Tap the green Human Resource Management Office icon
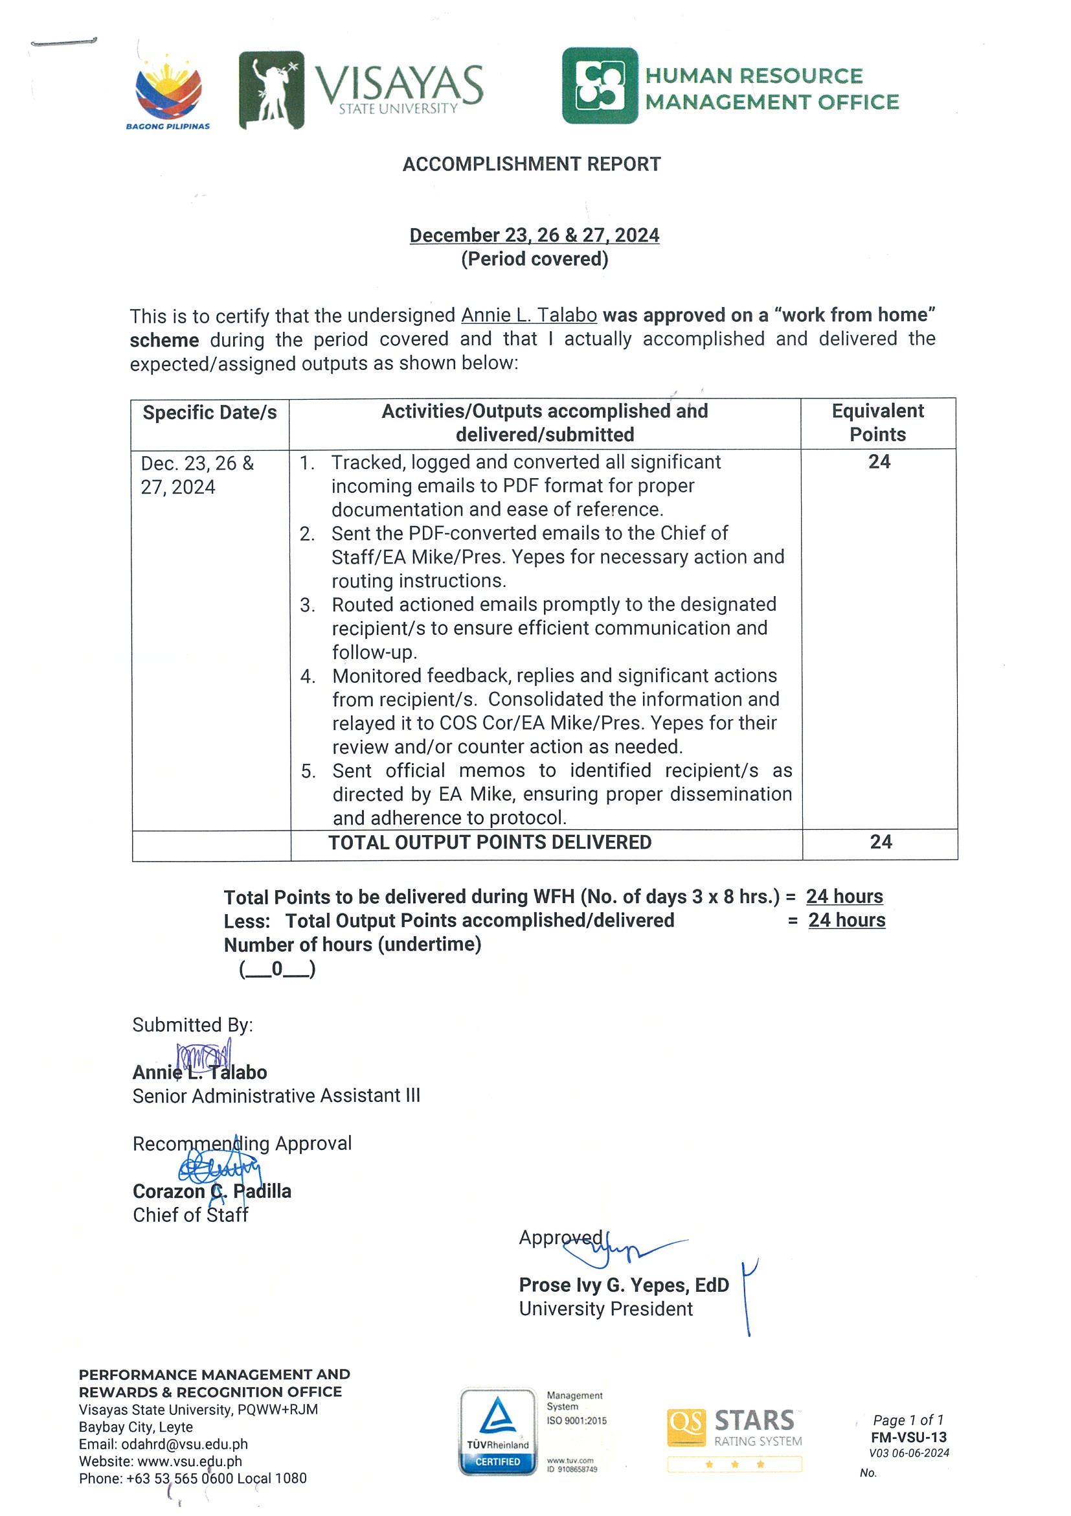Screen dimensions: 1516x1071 click(x=599, y=86)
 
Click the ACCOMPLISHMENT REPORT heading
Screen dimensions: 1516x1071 click(x=531, y=165)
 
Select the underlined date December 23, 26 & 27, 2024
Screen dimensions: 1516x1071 click(x=534, y=235)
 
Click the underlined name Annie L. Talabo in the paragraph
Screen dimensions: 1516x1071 click(x=528, y=316)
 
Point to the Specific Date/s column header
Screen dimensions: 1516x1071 click(x=210, y=413)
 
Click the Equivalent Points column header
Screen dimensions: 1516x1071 click(x=877, y=422)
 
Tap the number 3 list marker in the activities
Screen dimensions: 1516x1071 click(x=307, y=605)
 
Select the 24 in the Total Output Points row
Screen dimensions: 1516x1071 click(x=880, y=842)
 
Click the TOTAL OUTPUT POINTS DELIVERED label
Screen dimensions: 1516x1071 click(x=490, y=842)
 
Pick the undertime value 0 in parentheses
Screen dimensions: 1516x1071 click(x=277, y=969)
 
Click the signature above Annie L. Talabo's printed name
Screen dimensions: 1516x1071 click(x=203, y=1054)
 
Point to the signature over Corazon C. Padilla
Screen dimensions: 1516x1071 click(x=219, y=1171)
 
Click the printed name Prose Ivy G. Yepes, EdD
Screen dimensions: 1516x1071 click(x=624, y=1285)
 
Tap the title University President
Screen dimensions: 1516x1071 click(x=606, y=1309)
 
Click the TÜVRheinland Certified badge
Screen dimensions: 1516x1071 click(x=497, y=1432)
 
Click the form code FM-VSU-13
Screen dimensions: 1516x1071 click(x=908, y=1438)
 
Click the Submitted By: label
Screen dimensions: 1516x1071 click(x=193, y=1025)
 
